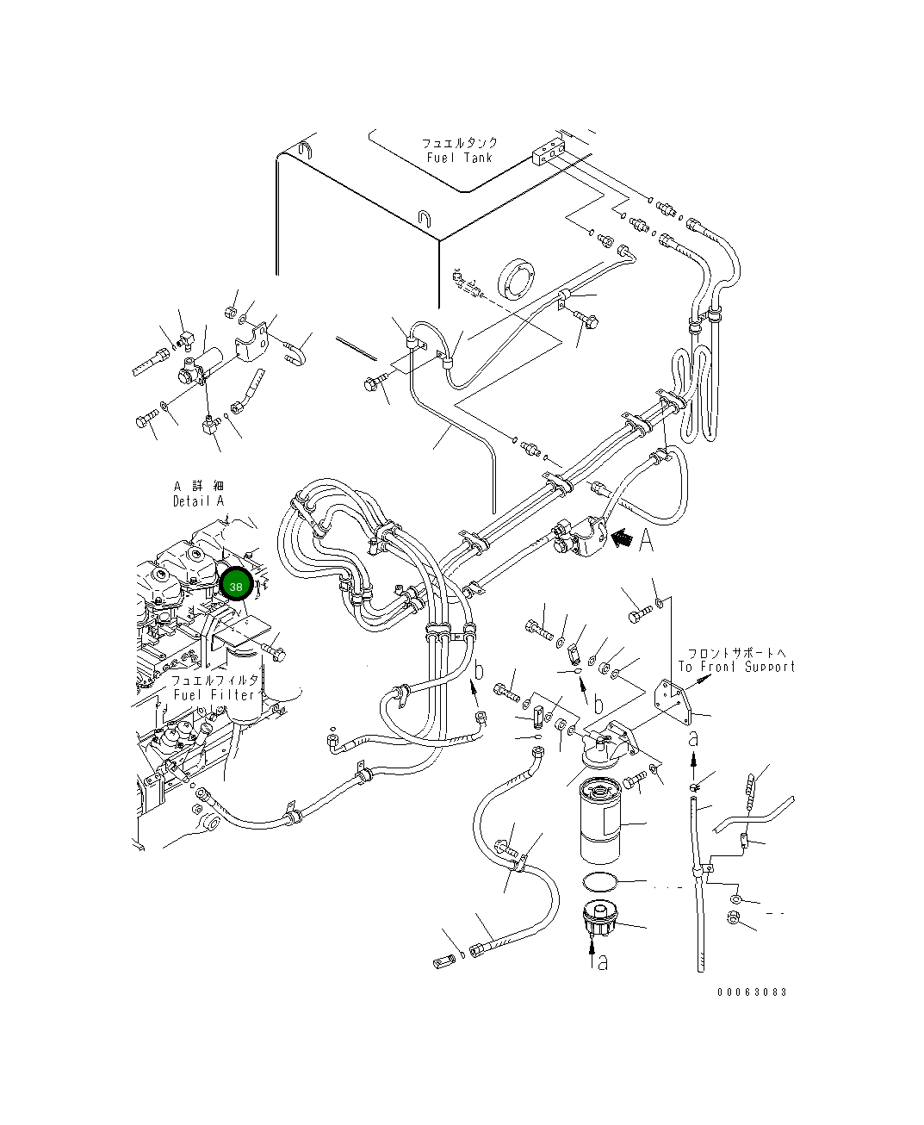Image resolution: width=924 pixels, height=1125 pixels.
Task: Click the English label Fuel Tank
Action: tap(460, 158)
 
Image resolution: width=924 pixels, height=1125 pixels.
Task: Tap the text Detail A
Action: tap(198, 501)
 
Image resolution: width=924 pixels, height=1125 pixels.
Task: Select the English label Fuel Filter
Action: tap(214, 694)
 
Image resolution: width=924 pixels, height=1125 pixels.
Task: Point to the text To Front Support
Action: tap(736, 667)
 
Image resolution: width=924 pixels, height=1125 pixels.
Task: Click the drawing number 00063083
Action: tap(752, 992)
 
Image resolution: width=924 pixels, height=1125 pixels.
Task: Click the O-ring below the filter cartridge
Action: tap(599, 881)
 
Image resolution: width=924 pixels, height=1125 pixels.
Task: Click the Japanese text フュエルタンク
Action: tap(460, 143)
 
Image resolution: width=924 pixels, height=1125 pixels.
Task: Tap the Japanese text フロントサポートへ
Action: tap(736, 653)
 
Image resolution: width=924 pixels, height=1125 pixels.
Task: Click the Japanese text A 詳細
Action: tap(198, 487)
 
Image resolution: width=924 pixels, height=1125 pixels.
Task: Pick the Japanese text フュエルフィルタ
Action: tap(214, 680)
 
